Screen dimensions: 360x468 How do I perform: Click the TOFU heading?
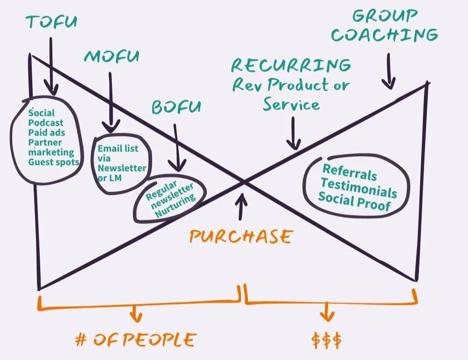pyautogui.click(x=51, y=22)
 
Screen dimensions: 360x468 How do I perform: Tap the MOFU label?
pyautogui.click(x=111, y=57)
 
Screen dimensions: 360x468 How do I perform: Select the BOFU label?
pyautogui.click(x=175, y=107)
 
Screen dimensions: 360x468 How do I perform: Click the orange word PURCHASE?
pyautogui.click(x=241, y=236)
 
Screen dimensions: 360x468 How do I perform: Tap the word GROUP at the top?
pyautogui.click(x=385, y=15)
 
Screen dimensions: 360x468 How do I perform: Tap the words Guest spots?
pyautogui.click(x=53, y=162)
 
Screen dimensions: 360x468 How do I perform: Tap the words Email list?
pyautogui.click(x=117, y=148)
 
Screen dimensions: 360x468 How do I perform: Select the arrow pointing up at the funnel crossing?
pyautogui.click(x=241, y=208)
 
